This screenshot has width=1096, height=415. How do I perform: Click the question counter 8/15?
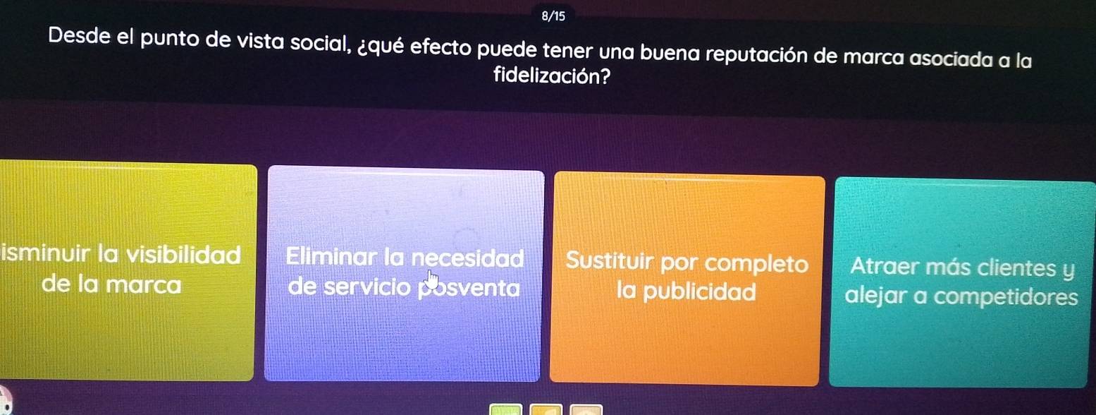tap(553, 16)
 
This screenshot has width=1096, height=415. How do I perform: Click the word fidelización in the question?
tap(552, 76)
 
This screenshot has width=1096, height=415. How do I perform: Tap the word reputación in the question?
tap(758, 55)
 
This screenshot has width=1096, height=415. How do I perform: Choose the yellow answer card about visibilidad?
tap(127, 272)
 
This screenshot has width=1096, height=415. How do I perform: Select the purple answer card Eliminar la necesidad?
tap(404, 274)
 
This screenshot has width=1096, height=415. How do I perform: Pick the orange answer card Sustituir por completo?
tap(686, 279)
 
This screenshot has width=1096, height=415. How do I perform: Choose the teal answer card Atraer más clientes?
tap(961, 283)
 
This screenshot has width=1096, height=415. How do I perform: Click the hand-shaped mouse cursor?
tap(432, 280)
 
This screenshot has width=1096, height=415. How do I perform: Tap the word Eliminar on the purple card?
tap(332, 256)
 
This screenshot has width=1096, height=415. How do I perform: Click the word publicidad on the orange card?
tap(700, 292)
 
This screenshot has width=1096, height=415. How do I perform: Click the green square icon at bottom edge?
tap(506, 409)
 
